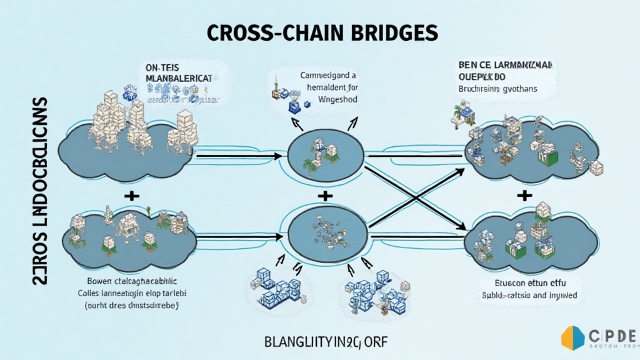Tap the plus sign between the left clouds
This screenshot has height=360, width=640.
tap(132, 196)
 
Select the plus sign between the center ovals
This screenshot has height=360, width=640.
tap(324, 196)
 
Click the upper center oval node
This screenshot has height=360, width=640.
tap(325, 155)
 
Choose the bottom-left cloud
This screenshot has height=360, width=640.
tap(125, 234)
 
